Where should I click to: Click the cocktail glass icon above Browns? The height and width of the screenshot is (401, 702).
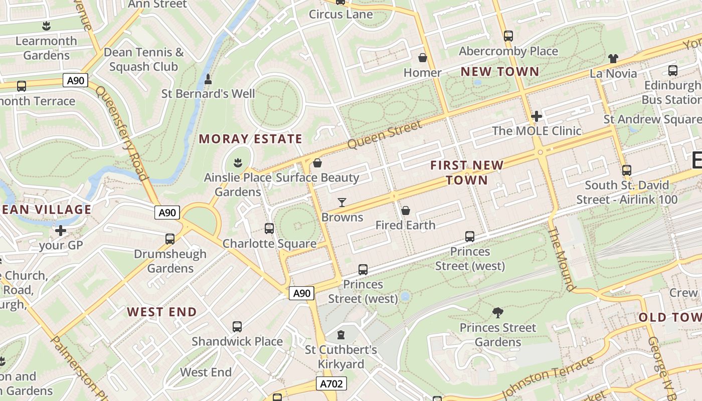(342, 202)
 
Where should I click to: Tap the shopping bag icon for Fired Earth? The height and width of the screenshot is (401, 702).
(406, 211)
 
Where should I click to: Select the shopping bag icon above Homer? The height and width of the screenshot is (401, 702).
(423, 58)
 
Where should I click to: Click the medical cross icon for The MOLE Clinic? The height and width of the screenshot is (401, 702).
(537, 116)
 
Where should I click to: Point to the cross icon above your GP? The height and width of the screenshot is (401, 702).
(61, 231)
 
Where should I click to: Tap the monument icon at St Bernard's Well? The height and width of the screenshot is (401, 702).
(208, 79)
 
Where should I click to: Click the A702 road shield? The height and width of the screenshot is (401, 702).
(332, 384)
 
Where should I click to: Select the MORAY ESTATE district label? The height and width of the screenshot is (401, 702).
(251, 139)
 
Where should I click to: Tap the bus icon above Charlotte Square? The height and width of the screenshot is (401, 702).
(269, 229)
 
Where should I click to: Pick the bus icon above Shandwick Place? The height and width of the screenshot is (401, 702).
(237, 327)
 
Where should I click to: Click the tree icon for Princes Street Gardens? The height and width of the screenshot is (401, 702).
(498, 313)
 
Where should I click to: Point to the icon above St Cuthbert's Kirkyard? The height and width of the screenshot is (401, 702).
(341, 334)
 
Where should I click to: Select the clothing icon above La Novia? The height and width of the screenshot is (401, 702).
(613, 59)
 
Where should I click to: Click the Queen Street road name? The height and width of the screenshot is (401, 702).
(385, 134)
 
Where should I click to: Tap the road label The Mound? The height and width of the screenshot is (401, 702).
(561, 259)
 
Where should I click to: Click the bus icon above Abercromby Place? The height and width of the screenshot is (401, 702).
(508, 36)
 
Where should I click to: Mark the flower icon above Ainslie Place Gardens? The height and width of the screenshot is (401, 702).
(238, 162)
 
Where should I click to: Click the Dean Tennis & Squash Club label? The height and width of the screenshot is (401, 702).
(143, 59)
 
